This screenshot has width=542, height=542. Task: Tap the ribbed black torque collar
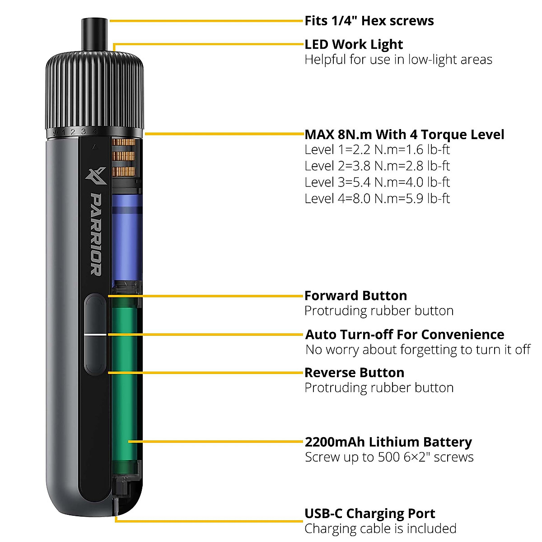click(x=95, y=90)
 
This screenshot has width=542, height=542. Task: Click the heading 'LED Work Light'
click(x=354, y=44)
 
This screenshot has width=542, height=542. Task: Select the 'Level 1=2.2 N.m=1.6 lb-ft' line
click(x=377, y=150)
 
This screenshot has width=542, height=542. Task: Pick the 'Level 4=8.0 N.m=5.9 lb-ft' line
click(x=377, y=198)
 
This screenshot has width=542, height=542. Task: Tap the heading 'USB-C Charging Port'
click(x=369, y=514)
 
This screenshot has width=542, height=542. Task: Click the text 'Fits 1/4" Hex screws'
click(x=369, y=21)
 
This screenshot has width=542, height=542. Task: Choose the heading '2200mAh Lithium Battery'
click(x=388, y=442)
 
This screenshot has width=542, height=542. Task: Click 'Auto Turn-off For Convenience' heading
click(x=405, y=335)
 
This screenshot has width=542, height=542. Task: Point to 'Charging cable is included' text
click(x=380, y=528)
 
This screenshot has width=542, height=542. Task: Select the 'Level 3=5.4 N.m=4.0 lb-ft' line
click(x=377, y=182)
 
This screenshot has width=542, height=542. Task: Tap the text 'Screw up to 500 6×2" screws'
click(x=389, y=457)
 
